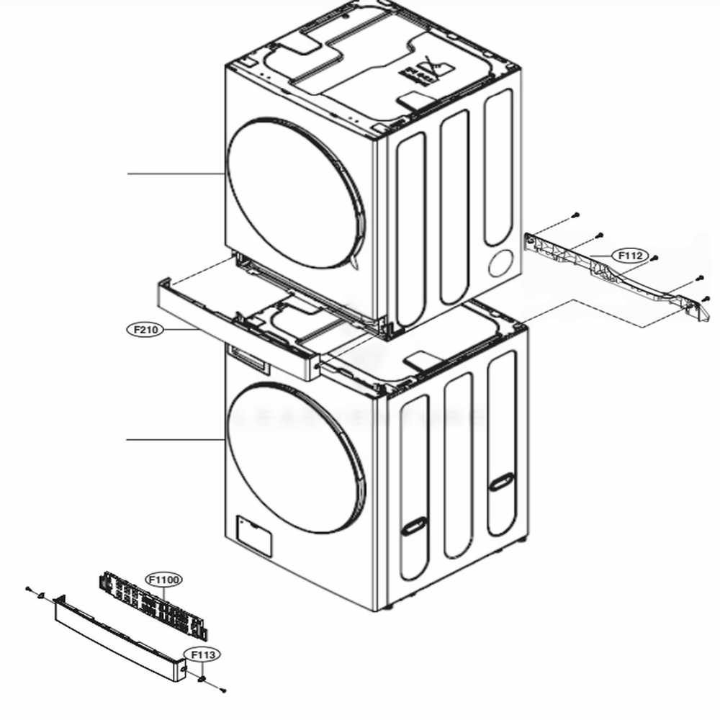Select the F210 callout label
coord(144,329)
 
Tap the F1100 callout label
coord(164,580)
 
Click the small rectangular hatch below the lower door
coord(253,534)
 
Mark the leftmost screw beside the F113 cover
coord(28,589)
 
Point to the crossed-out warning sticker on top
coord(435,71)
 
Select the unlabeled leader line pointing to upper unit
coord(173,174)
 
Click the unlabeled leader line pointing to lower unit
coord(173,439)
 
